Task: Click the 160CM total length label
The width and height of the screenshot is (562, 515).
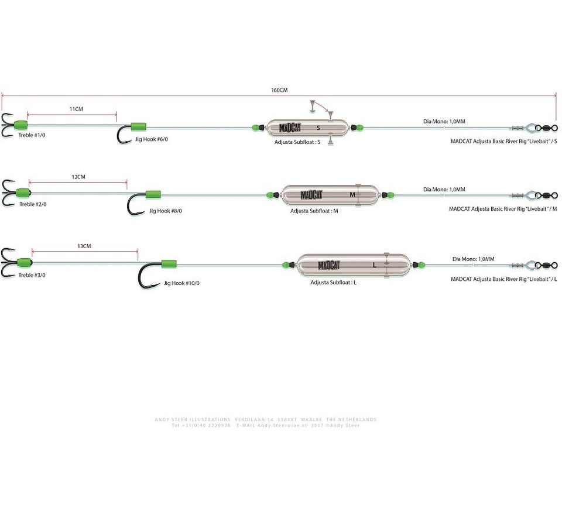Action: coord(279,90)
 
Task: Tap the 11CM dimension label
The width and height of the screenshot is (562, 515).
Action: coord(76,109)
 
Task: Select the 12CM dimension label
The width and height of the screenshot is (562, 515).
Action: coord(78,177)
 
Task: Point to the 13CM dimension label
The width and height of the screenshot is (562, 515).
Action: coord(84,246)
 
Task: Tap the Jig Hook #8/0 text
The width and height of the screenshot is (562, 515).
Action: coord(166,211)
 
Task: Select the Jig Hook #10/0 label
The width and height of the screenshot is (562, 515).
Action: coord(181,283)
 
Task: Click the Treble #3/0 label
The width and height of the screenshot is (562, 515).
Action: coord(32,274)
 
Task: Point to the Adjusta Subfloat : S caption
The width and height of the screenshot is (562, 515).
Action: coord(297,142)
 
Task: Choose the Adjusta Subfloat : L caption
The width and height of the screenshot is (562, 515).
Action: coord(334,282)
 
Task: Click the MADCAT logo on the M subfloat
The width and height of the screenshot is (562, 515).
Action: coord(311,195)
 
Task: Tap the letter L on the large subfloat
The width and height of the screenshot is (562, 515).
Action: coord(373,265)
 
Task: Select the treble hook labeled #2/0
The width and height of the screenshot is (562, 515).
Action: coord(8,193)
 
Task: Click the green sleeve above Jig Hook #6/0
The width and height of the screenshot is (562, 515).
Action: coord(138,126)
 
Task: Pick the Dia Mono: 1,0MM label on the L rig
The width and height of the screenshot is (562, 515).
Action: coord(473,259)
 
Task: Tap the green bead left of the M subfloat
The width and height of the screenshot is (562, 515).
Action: coord(273,194)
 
